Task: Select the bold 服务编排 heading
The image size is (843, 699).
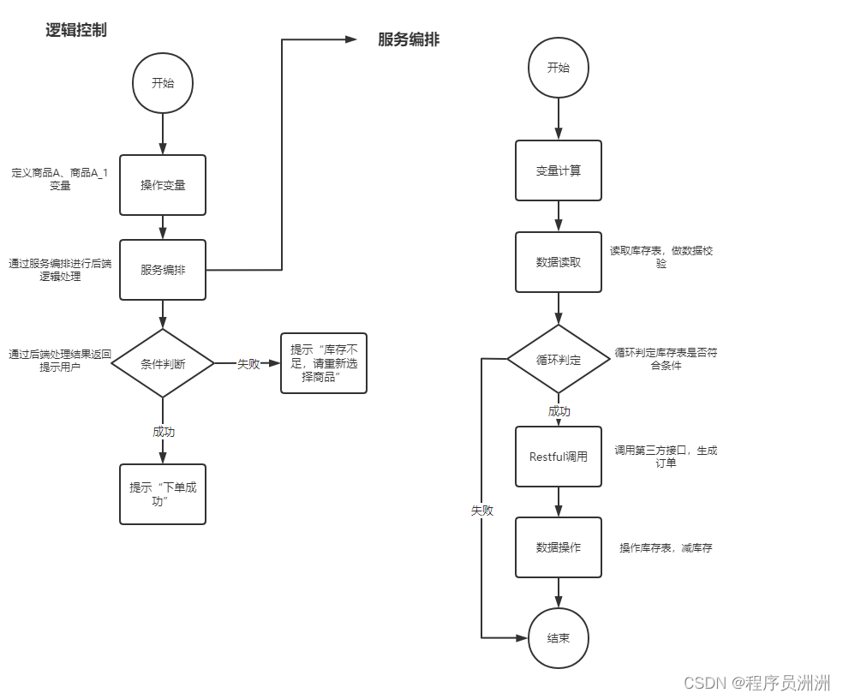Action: (x=409, y=39)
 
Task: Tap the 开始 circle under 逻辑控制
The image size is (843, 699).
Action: (x=162, y=83)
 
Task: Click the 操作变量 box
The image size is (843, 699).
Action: (x=163, y=184)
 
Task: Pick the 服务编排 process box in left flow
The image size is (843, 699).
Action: (x=163, y=270)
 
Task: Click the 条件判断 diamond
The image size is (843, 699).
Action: (x=163, y=363)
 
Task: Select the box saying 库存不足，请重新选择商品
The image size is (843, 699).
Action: (x=323, y=363)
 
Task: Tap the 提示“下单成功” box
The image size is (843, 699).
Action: (x=163, y=493)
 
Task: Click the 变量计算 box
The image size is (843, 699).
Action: (x=559, y=170)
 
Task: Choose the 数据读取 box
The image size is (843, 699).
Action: (x=559, y=262)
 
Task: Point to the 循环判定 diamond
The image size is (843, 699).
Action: (x=559, y=360)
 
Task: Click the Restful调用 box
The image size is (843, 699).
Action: (x=559, y=457)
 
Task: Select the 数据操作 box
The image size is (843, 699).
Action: (x=559, y=547)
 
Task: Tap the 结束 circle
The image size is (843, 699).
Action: (x=559, y=638)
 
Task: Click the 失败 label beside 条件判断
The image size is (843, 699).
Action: (x=248, y=364)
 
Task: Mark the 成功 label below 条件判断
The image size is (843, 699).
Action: (x=163, y=432)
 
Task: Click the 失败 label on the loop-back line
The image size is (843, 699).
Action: (x=481, y=511)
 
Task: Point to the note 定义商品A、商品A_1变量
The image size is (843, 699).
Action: (x=60, y=178)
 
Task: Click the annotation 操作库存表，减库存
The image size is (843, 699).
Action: (x=666, y=547)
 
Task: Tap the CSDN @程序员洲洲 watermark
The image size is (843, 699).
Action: (x=756, y=682)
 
